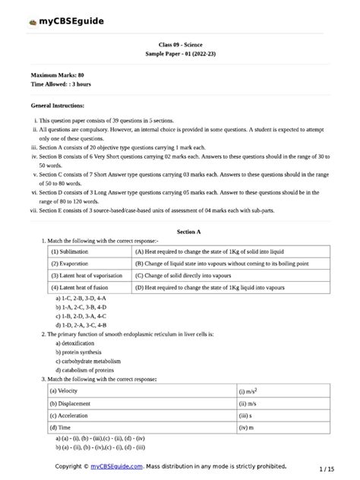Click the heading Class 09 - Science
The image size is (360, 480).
pos(180,46)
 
